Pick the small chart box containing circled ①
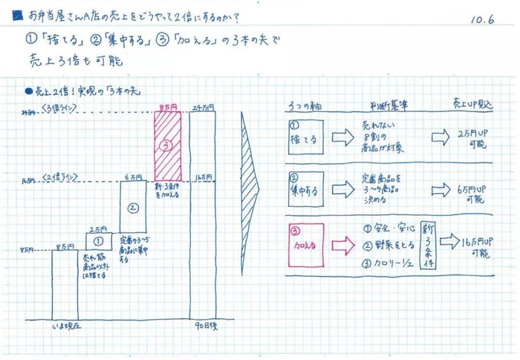99,241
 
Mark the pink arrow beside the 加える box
341,243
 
